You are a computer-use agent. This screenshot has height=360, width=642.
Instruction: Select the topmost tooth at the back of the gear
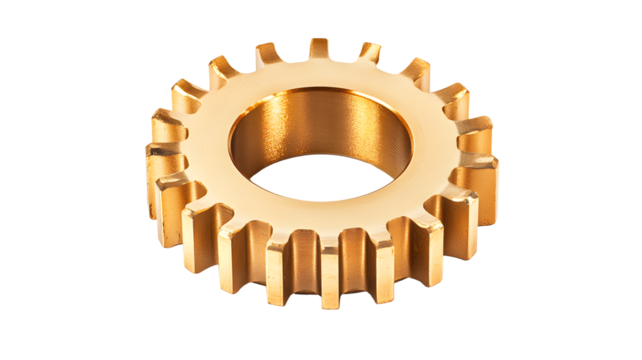click(319, 47)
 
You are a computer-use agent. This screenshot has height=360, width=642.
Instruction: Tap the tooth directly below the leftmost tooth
click(170, 195)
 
